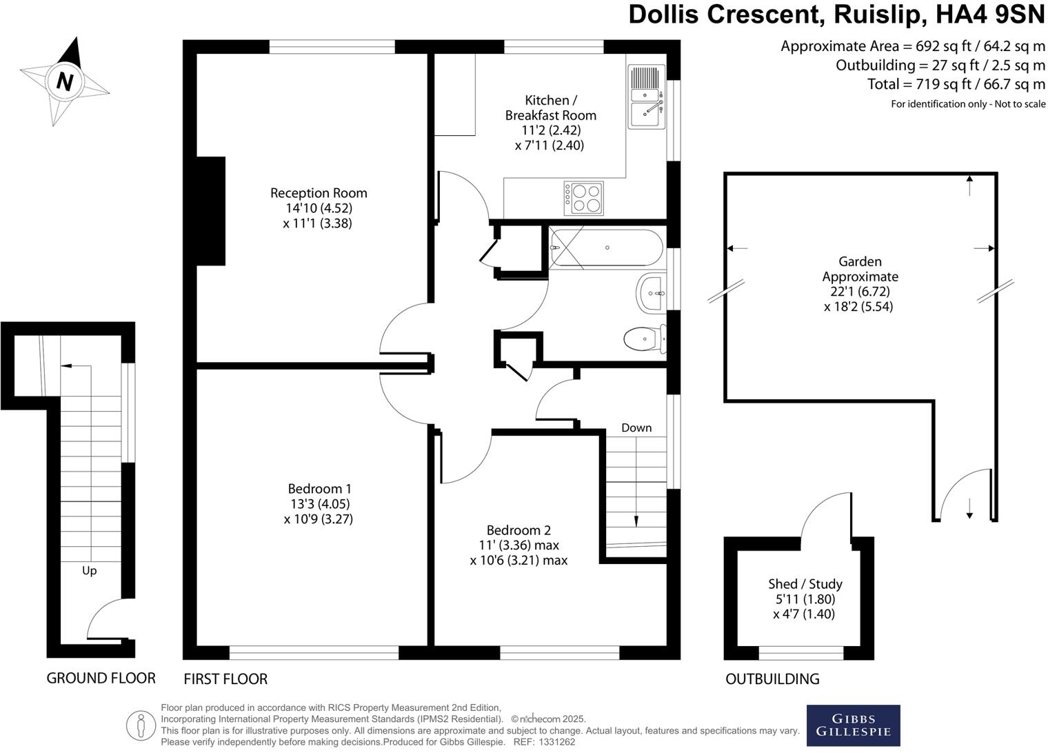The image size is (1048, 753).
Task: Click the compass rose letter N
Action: [64, 82]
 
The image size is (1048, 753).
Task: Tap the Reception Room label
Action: [318, 193]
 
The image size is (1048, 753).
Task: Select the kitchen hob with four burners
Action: [583, 199]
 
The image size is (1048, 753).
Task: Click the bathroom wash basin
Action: [651, 293]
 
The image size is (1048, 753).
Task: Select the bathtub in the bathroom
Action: [606, 248]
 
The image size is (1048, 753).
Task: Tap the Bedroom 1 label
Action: [318, 489]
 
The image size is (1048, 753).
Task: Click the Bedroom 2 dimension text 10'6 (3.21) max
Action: [518, 561]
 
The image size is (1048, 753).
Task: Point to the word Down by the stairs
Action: [636, 428]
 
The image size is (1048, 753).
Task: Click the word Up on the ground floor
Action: [89, 570]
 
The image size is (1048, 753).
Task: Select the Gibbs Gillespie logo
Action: [853, 725]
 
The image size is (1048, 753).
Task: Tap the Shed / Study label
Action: [805, 584]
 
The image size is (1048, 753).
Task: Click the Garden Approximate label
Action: [860, 269]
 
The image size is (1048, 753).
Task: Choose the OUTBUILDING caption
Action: [772, 679]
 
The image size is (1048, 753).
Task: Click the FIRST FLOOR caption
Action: [225, 679]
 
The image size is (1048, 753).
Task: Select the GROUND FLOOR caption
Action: [101, 678]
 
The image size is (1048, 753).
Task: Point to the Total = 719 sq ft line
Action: [956, 84]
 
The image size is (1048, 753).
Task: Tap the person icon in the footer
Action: [141, 725]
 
